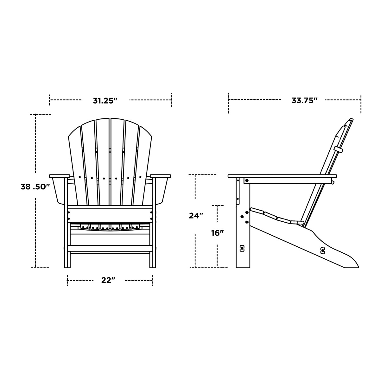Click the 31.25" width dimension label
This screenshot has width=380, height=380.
point(105,101)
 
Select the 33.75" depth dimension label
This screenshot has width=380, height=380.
point(304,101)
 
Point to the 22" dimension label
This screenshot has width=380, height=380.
point(108,280)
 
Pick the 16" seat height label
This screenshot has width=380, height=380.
point(218,233)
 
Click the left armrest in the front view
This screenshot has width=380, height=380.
point(59,176)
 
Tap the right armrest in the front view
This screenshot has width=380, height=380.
point(161,176)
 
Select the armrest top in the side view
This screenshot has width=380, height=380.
point(282,176)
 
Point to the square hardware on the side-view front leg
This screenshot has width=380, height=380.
point(242,249)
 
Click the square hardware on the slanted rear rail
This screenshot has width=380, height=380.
point(323,250)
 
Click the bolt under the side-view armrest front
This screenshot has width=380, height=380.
point(247,180)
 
